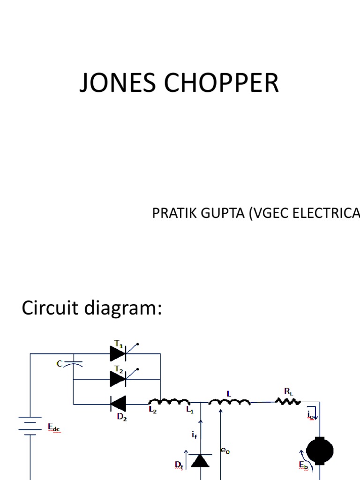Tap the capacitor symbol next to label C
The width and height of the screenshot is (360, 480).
tap(74, 363)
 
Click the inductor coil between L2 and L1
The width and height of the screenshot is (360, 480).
tap(169, 402)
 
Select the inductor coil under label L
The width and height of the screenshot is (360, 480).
tap(229, 402)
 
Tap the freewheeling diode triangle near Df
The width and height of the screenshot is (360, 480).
tap(202, 461)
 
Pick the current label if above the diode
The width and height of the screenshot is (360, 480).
tap(194, 435)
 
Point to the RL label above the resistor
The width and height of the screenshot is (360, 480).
tap(289, 390)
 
